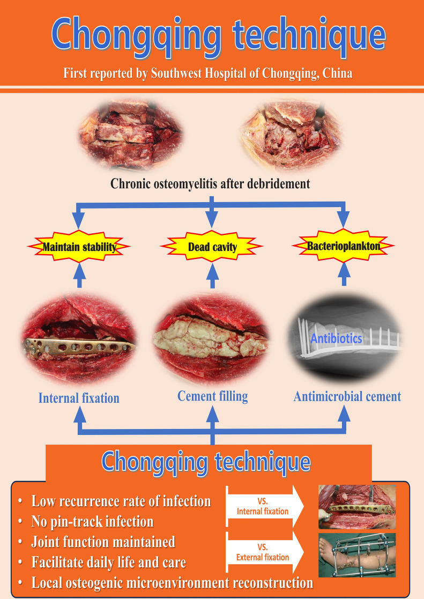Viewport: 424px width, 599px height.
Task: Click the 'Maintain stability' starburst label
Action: point(79,246)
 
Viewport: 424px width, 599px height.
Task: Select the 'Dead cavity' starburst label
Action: point(212,246)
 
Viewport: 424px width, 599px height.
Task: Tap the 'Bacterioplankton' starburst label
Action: point(344,246)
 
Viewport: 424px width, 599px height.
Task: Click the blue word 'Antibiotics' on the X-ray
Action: point(336,338)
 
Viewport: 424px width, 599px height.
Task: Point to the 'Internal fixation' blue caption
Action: point(79,398)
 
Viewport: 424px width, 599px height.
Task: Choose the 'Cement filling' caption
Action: point(212,396)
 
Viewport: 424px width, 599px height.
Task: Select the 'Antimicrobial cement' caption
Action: point(347,396)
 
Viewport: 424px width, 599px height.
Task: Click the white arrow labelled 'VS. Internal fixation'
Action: point(265,507)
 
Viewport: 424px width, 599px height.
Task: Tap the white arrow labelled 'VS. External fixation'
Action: point(265,552)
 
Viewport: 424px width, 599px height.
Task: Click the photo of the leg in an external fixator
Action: point(357,555)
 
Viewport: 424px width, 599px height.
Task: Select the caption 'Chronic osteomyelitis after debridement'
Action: point(210,184)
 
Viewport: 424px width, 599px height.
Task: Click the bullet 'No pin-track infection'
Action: point(92,521)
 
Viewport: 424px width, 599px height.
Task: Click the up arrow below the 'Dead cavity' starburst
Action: point(212,276)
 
